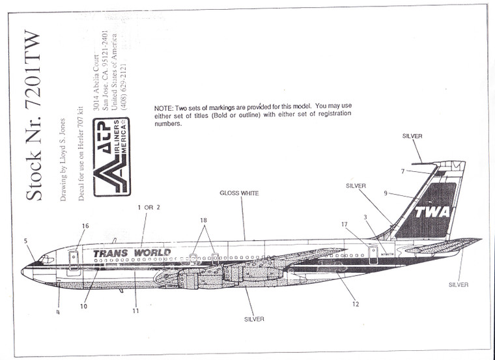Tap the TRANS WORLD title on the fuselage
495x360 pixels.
click(132, 253)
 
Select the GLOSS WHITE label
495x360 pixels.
click(239, 193)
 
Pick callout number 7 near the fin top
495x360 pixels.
click(403, 171)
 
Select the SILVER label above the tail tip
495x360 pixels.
click(412, 136)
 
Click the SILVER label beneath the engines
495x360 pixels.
click(255, 319)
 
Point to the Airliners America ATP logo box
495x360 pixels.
click(112, 156)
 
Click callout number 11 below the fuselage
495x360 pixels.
click(135, 311)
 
